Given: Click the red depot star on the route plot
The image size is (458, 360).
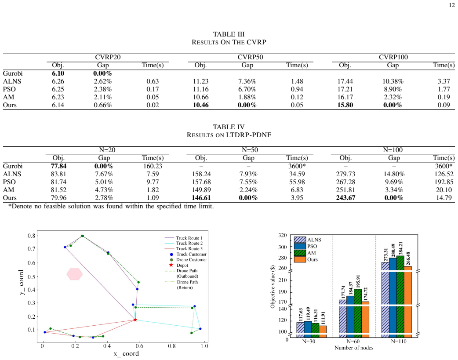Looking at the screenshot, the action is click(135, 320).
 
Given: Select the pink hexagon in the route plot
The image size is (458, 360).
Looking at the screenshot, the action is click(74, 274).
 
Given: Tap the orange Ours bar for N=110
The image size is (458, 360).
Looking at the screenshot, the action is click(408, 302).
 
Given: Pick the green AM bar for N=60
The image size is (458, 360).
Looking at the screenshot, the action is click(358, 313).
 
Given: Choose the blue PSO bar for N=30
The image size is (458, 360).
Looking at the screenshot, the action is click(308, 329).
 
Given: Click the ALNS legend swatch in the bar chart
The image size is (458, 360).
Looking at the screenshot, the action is click(300, 240).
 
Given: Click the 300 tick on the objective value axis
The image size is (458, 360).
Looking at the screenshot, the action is click(283, 247).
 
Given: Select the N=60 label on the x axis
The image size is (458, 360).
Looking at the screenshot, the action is click(353, 341).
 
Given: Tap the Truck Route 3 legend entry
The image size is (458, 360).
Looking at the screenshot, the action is click(184, 249).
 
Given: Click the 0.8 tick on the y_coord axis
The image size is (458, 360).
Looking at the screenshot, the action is click(31, 236).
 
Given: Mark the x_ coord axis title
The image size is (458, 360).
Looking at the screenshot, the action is click(126, 353).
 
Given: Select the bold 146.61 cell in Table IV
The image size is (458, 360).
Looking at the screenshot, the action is click(201, 198).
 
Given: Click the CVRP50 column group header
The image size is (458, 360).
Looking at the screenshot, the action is click(251, 57).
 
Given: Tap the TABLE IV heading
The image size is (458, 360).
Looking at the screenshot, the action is click(229, 127).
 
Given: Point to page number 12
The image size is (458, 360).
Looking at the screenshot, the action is click(451, 5).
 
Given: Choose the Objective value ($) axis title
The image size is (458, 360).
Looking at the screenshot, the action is click(273, 287).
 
